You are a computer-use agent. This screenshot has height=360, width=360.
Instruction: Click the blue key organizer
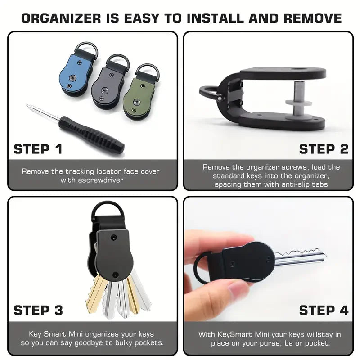tap(75, 76)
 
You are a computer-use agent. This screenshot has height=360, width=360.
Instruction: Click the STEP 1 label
tap(38, 149)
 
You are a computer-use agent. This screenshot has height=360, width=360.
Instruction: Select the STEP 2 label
tap(324, 149)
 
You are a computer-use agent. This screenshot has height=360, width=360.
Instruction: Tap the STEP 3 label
tap(38, 310)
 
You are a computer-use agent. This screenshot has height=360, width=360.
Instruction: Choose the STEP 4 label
tap(324, 310)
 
